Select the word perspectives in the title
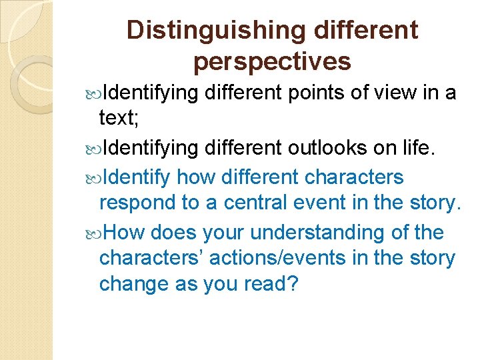coord(272,61)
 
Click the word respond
coord(143,203)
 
